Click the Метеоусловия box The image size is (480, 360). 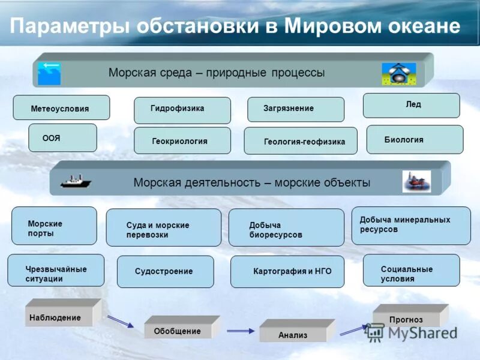coord(61,108)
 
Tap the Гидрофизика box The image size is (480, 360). coord(182,110)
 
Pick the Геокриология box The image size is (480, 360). coord(182,141)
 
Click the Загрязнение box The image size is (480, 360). coord(296,109)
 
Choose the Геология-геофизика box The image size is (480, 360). coord(301,142)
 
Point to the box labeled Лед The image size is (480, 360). coord(412,105)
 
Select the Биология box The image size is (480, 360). coord(415,140)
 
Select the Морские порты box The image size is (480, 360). coord(54,226)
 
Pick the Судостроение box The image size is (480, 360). coord(165,272)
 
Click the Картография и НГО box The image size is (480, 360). coord(287,272)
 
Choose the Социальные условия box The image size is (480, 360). coord(412,271)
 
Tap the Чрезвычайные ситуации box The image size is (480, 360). coord(56,271)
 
